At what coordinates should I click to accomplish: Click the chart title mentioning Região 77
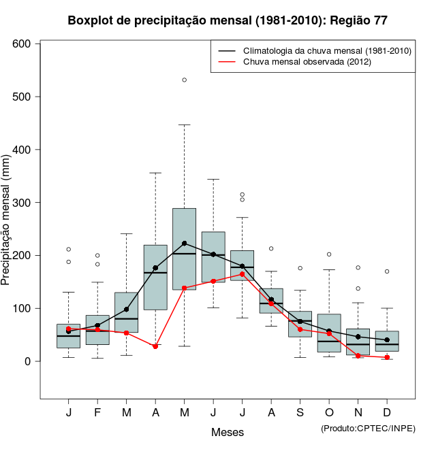228,20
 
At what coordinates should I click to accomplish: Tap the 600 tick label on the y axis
22,44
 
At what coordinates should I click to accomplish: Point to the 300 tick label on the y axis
22,203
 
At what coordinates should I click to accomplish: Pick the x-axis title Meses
228,432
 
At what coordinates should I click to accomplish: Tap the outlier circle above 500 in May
185,80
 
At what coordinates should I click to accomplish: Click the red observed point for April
155,346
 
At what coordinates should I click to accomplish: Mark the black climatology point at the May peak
185,243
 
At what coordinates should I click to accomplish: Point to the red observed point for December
387,357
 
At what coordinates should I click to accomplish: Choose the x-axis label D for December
387,413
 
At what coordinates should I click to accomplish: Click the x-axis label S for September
300,413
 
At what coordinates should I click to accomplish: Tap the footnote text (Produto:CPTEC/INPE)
368,428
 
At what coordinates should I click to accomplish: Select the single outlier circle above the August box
271,248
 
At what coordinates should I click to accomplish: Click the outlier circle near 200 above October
329,254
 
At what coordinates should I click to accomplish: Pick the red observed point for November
358,356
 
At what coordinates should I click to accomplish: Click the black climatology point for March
127,310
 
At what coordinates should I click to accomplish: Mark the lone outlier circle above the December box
387,271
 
